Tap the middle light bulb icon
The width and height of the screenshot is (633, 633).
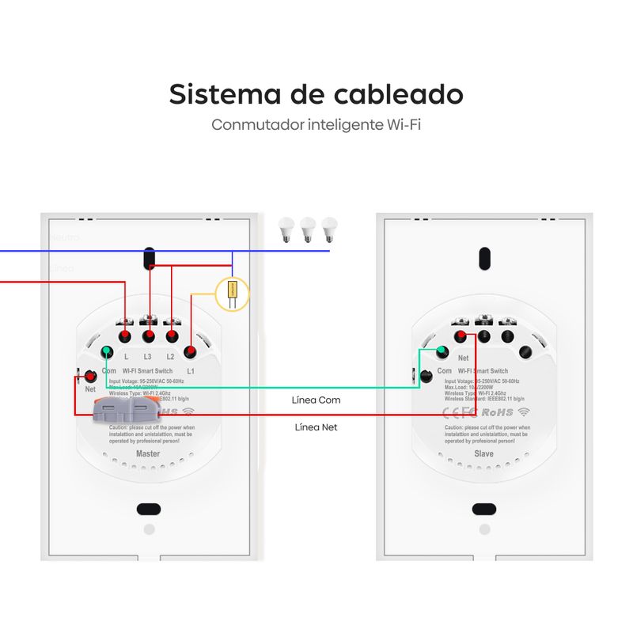[x=308, y=229]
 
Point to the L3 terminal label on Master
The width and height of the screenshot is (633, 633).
[x=148, y=358]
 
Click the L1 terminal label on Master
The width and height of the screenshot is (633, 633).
[x=191, y=371]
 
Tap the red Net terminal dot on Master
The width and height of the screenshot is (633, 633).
[x=90, y=376]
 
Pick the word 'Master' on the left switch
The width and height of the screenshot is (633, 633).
[x=148, y=454]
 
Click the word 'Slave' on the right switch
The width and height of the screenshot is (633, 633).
[x=483, y=454]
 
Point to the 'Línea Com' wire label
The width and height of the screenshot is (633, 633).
[x=316, y=400]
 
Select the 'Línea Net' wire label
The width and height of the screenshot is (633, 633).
[x=317, y=427]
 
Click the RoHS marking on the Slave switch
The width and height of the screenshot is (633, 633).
[x=497, y=412]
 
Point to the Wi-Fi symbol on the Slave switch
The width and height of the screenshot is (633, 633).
[x=525, y=412]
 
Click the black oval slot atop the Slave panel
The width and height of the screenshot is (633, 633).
[x=483, y=258]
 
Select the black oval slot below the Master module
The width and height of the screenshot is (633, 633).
[x=148, y=509]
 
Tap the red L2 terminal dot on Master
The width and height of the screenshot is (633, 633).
[x=171, y=336]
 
